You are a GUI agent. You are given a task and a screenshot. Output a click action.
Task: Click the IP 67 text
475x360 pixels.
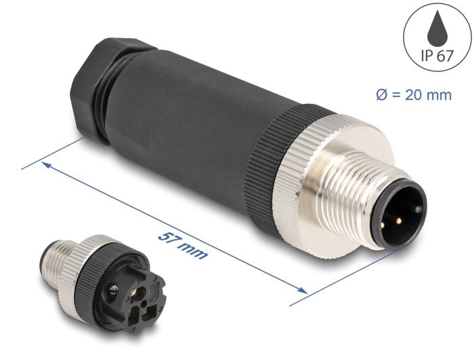pos(437,56)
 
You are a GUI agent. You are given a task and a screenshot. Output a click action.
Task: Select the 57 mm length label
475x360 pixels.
pos(183,245)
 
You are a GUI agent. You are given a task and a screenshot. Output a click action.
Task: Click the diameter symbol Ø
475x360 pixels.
pos(381,95)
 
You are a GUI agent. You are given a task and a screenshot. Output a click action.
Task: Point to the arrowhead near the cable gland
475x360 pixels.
pos(45,164)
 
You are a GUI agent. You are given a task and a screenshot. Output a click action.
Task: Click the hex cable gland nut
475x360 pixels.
pos(88,88)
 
